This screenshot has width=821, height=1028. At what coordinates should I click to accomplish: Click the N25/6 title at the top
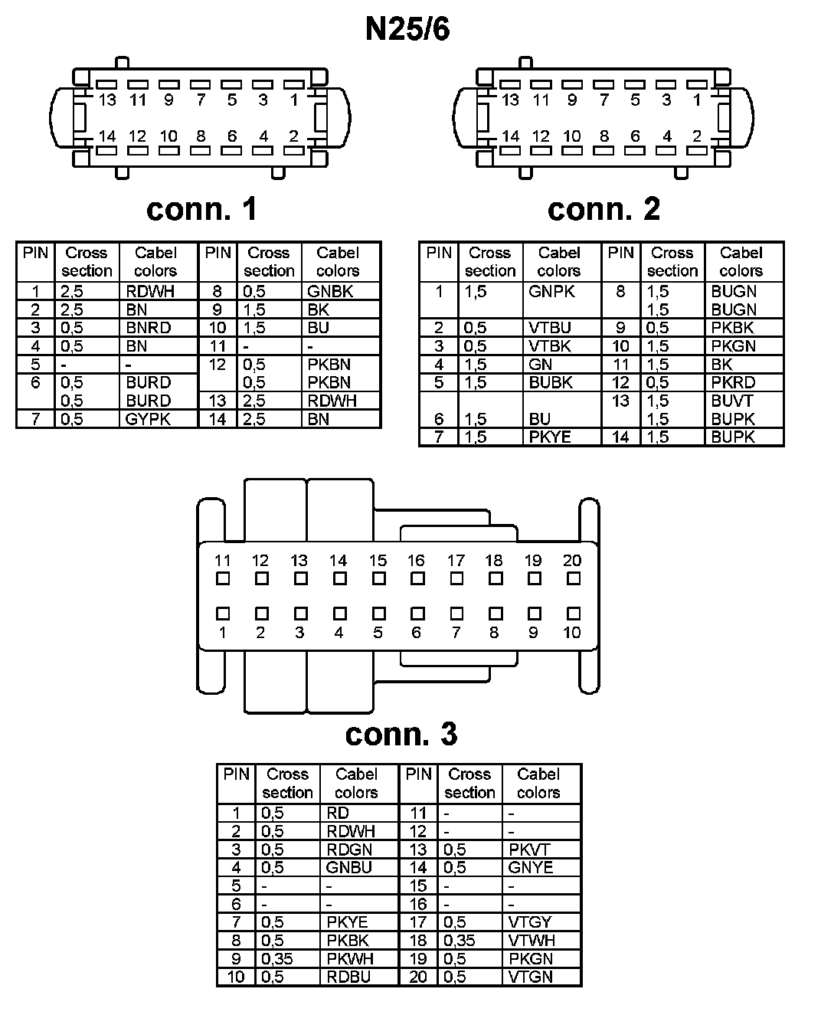pos(407,29)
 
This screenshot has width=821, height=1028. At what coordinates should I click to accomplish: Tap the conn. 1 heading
pos(201,209)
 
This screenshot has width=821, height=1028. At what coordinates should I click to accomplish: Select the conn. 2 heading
pos(603,209)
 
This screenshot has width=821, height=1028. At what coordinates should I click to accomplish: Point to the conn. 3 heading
pos(401,734)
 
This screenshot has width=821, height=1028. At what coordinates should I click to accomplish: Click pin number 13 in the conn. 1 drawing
pos(107,100)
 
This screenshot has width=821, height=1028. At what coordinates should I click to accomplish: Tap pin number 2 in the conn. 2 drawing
pos(696,136)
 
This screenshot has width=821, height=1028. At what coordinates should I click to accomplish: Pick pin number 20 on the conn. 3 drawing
pos(572,561)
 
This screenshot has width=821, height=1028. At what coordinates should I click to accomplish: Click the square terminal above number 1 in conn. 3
pos(223,614)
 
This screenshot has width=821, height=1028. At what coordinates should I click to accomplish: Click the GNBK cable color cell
pos(332,291)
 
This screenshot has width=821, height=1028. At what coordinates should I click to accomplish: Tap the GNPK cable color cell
pos(551,292)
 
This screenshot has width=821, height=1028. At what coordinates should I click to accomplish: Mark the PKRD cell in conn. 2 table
pos(733,382)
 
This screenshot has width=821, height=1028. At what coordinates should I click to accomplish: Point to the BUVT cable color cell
pos(732,401)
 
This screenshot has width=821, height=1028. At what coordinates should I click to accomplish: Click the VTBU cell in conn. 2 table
pos(549,328)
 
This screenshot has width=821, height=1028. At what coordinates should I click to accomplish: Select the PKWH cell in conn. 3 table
pos(350,959)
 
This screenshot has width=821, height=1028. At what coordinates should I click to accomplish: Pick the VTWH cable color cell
pos(531,941)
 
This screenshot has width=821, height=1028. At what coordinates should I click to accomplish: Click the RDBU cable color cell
pos(349,977)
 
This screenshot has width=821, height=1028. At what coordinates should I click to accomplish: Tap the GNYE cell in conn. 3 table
pos(530,868)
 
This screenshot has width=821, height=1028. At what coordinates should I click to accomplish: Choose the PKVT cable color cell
pos(529,850)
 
